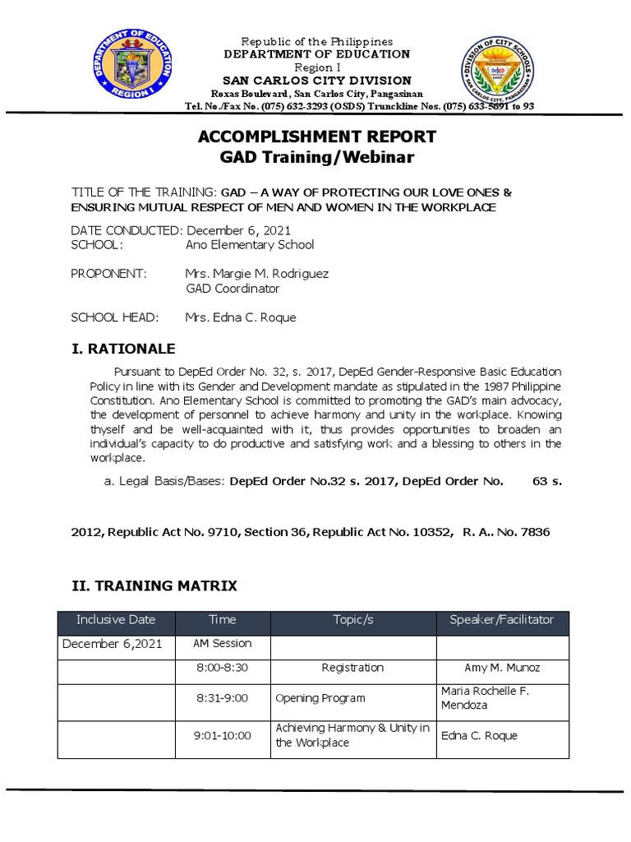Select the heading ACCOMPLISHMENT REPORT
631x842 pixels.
tap(315, 136)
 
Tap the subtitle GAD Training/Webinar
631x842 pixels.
tap(315, 156)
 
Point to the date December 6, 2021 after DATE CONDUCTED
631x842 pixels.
tap(239, 231)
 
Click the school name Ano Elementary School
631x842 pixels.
tap(250, 245)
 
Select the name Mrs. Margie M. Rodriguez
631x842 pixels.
tap(257, 274)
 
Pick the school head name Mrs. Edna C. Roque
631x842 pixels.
tap(241, 317)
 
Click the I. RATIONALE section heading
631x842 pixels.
tap(123, 349)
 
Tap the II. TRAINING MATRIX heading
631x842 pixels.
tap(154, 585)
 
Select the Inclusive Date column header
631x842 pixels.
tap(115, 620)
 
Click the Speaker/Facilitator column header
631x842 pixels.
tap(502, 620)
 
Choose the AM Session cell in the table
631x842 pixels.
tap(222, 644)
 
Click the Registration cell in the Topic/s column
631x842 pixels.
tap(352, 668)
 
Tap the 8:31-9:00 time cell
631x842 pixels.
tap(222, 698)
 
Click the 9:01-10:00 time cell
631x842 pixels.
tap(222, 736)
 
